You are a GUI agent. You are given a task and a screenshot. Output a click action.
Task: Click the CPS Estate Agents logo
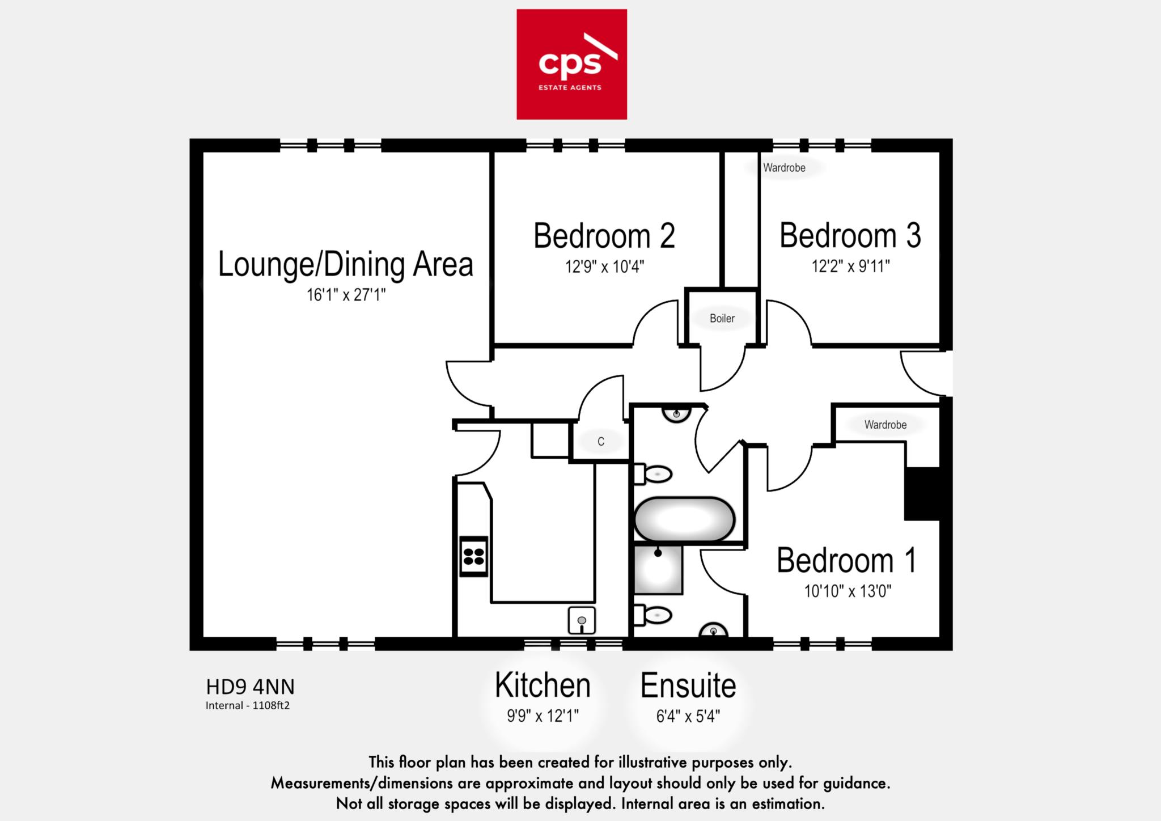pyautogui.click(x=571, y=64)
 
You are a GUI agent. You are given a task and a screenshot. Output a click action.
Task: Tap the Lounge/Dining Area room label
pyautogui.click(x=345, y=265)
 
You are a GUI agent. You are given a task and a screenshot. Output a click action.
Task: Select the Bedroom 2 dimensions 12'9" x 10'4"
pyautogui.click(x=604, y=266)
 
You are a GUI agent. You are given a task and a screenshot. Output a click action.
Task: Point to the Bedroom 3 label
pyautogui.click(x=850, y=236)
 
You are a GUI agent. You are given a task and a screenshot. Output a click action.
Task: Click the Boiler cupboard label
pyautogui.click(x=722, y=319)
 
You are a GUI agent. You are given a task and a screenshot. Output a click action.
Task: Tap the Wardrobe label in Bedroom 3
pyautogui.click(x=784, y=168)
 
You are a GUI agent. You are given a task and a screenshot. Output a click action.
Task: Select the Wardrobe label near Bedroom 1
pyautogui.click(x=885, y=425)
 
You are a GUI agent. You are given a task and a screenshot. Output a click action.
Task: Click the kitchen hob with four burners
pyautogui.click(x=473, y=556)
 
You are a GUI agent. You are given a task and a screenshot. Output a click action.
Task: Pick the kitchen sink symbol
pyautogui.click(x=582, y=620)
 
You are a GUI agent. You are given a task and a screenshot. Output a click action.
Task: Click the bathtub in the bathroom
pyautogui.click(x=684, y=519)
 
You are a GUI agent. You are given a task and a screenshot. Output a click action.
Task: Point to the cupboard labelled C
pyautogui.click(x=601, y=442)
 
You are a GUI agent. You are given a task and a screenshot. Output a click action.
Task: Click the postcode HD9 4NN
pyautogui.click(x=250, y=687)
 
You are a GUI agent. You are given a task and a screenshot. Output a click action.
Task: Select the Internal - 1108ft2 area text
pyautogui.click(x=248, y=706)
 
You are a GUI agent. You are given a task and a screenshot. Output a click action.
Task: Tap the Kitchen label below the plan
pyautogui.click(x=543, y=685)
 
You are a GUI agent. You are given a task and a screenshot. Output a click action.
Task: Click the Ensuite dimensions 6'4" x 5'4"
pyautogui.click(x=688, y=717)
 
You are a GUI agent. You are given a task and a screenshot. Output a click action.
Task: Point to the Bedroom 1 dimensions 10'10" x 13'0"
pyautogui.click(x=848, y=592)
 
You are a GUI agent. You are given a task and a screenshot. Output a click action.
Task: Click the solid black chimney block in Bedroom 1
pyautogui.click(x=922, y=494)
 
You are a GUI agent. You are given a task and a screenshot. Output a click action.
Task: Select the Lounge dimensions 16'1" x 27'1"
pyautogui.click(x=346, y=295)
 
